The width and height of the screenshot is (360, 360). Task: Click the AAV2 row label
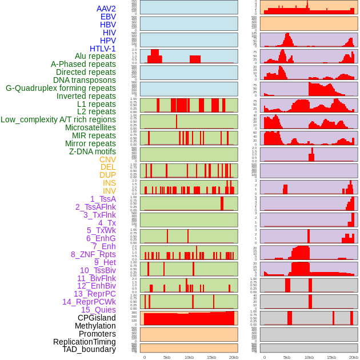[x=106, y=9]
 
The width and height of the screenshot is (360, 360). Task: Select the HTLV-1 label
[x=102, y=49]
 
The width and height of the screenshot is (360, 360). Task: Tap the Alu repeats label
[x=95, y=56]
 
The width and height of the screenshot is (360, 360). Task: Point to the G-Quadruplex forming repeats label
[x=61, y=88]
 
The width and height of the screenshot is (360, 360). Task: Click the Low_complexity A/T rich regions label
[x=58, y=119]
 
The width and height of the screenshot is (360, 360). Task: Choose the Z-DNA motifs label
[x=92, y=151]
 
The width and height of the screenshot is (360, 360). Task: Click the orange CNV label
[x=107, y=159]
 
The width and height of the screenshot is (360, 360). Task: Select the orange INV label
[x=109, y=191]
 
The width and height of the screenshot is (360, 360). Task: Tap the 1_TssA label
[x=103, y=199]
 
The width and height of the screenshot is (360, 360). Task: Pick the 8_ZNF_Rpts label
[x=93, y=254]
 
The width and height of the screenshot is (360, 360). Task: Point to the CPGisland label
[x=97, y=318]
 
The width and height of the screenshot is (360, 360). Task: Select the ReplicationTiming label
[x=84, y=342]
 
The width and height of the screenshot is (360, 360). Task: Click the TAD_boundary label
[x=89, y=349]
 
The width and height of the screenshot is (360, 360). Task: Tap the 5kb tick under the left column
[x=167, y=357]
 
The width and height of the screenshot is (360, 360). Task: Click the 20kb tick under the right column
[x=354, y=357]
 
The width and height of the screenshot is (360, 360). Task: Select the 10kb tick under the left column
[x=189, y=357]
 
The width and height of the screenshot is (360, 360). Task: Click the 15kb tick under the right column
[x=331, y=357]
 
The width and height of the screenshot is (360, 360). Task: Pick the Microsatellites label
[x=90, y=127]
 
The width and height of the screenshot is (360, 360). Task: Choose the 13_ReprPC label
[x=94, y=294]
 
